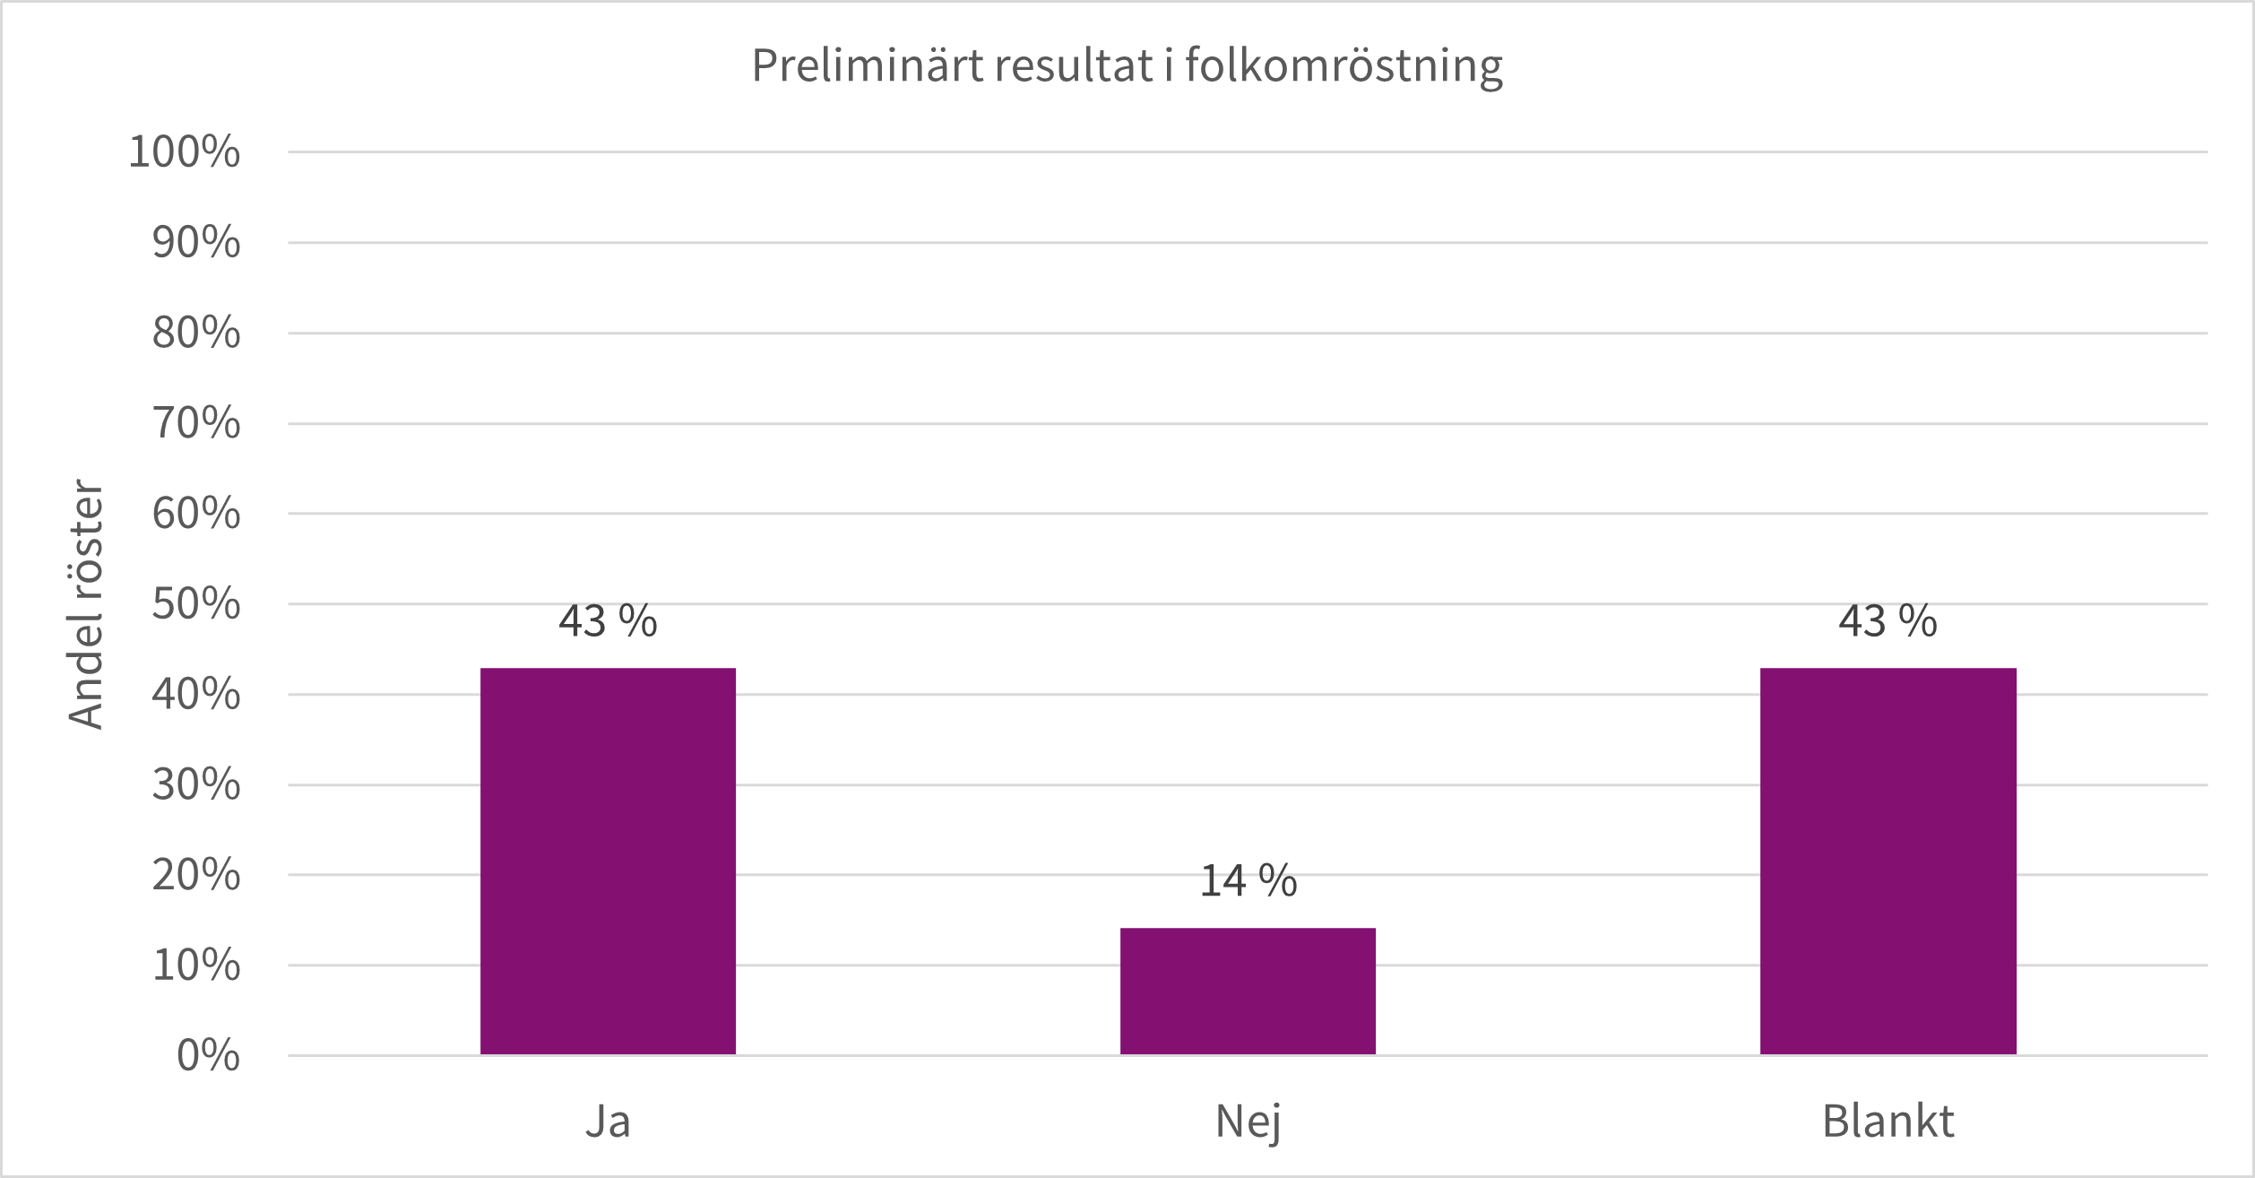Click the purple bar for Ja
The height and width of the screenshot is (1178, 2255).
[608, 861]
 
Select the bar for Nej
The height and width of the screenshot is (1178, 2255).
[1248, 991]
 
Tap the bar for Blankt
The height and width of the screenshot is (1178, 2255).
[1888, 861]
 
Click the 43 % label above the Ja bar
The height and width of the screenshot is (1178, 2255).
[608, 621]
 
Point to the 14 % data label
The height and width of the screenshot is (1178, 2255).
[1248, 881]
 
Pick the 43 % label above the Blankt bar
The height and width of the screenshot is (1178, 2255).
[1888, 621]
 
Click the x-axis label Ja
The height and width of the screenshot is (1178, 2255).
[608, 1122]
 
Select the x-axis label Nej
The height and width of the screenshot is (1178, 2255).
[1248, 1122]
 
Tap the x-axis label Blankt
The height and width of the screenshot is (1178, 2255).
[1888, 1122]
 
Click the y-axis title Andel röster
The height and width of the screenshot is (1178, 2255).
[86, 604]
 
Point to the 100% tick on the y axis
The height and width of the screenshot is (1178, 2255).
[184, 152]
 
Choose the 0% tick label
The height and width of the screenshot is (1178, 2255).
[208, 1055]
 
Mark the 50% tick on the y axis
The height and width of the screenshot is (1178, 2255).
[195, 604]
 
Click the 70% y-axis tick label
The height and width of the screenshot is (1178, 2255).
[195, 423]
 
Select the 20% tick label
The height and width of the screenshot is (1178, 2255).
[195, 875]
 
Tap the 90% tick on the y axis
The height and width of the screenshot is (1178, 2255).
[195, 242]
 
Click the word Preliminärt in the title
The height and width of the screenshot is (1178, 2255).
[867, 65]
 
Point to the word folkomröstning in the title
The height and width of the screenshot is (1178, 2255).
[1343, 65]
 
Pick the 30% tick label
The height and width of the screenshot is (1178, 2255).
[195, 784]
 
